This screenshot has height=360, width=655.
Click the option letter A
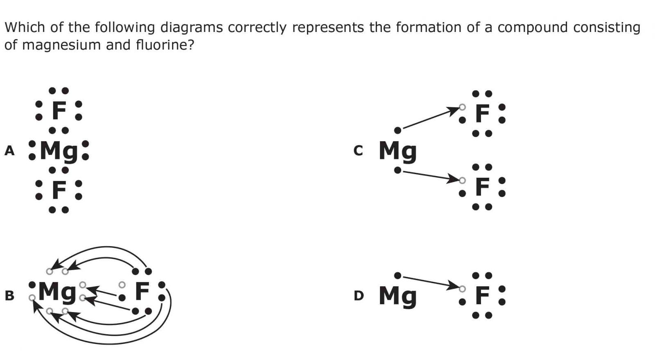[x=9, y=151]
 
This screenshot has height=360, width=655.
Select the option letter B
[x=9, y=295]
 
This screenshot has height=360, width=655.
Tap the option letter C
[x=358, y=151]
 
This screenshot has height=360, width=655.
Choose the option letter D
[x=358, y=295]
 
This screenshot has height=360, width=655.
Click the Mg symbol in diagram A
[x=59, y=151]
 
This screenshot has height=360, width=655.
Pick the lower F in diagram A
[x=59, y=190]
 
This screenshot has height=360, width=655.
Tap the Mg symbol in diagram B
[x=57, y=292]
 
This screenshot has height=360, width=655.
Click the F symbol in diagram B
[x=142, y=291]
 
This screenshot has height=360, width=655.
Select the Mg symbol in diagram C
[x=398, y=151]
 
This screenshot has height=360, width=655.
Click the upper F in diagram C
[x=482, y=113]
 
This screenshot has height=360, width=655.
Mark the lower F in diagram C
[x=482, y=187]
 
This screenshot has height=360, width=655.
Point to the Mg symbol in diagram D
[x=398, y=295]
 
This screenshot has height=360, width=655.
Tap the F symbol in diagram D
[x=482, y=295]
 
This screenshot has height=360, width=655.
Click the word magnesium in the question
[x=60, y=45]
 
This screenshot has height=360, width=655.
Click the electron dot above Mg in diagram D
[x=398, y=275]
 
